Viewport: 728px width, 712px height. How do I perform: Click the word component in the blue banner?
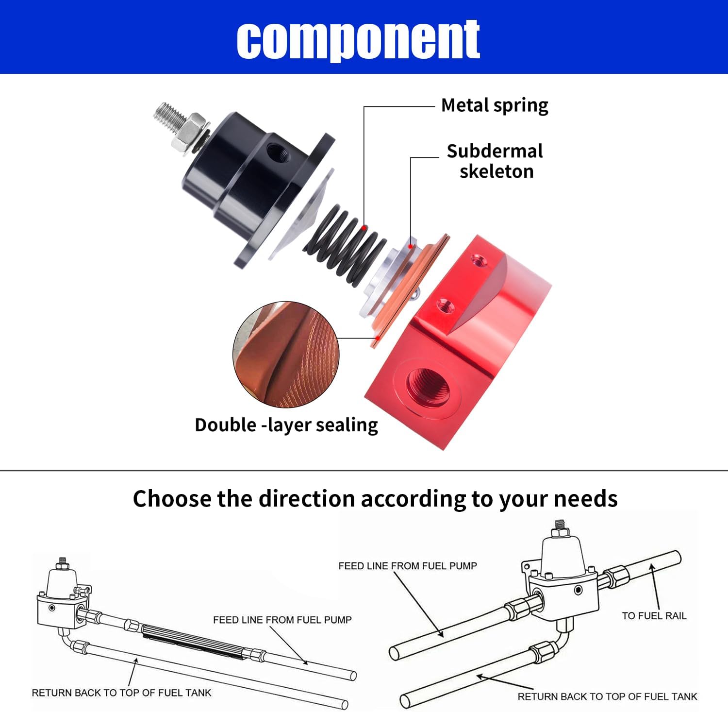point(358,39)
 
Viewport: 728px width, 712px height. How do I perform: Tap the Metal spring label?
point(494,105)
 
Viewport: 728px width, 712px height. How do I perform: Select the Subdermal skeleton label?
point(495,161)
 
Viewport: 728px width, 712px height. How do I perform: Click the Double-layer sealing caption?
point(286,425)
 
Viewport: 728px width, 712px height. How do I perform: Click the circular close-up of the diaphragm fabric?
point(286,354)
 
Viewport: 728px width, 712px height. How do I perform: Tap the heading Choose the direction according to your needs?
point(375,499)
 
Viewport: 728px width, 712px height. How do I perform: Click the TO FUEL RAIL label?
point(654,616)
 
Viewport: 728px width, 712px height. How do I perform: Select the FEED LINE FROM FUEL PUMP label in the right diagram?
point(407,566)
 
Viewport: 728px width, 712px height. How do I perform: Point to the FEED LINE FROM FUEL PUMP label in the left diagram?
point(282,620)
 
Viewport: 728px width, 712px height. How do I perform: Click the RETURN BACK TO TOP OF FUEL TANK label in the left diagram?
point(121,693)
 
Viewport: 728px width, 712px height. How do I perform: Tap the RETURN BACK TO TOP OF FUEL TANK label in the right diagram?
point(607,696)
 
